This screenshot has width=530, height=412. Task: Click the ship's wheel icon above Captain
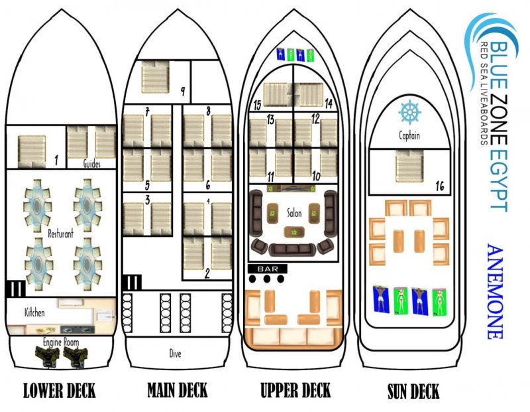coord(409,112)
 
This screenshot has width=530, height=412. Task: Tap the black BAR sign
coord(268,269)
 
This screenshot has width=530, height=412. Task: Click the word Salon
coord(294,213)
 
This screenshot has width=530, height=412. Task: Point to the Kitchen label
coord(34,312)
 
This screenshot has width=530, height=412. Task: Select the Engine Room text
coord(61,342)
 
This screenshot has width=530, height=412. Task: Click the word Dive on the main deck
coord(175,354)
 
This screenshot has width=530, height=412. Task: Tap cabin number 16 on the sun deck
coord(440,186)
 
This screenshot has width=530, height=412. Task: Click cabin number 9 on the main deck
coord(183,91)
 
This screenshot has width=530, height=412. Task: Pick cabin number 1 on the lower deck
coord(56,160)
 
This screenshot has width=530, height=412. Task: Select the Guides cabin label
coord(91,164)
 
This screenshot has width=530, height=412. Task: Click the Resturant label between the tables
coord(60,234)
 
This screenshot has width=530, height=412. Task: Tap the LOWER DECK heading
coord(60,390)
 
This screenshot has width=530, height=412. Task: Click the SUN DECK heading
coord(413,391)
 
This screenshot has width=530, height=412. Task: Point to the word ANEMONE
coord(495,291)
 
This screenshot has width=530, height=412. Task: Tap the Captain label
coord(409,136)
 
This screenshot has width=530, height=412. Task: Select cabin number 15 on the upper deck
coord(257,105)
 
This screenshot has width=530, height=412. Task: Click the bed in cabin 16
coord(409,166)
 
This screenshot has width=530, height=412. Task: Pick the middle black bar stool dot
coord(267,279)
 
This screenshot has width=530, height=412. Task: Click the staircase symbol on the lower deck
coord(15,289)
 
